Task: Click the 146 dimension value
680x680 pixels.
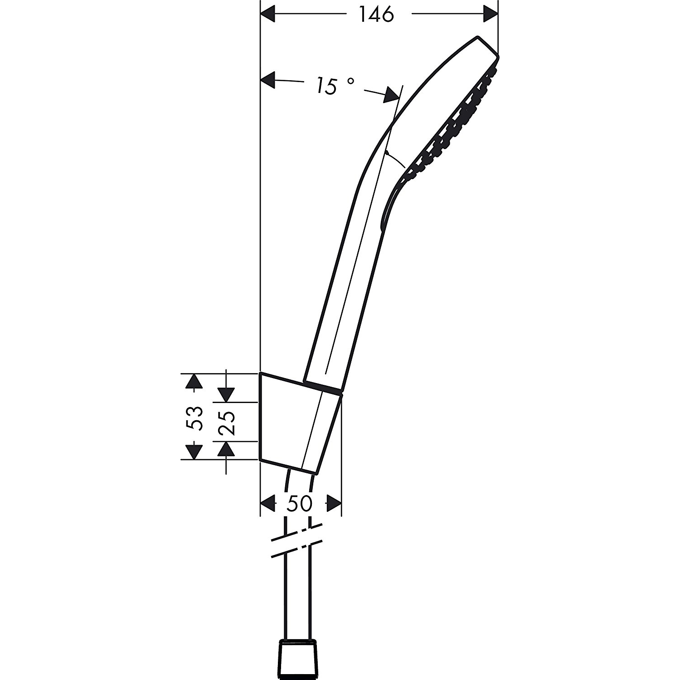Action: pos(376,15)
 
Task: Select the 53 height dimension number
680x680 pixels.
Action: pos(194,418)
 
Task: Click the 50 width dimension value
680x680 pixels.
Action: pos(300,503)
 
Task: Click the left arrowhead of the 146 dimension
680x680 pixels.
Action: pos(268,14)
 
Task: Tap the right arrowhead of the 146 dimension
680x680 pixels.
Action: pos(490,14)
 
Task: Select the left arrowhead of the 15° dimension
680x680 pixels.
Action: pos(268,81)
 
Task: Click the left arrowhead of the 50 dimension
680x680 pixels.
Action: pos(268,503)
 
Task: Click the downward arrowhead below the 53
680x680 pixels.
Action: pos(194,452)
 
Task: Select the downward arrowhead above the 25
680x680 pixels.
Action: pos(226,394)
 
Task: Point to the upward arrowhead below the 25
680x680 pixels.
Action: pos(226,449)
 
